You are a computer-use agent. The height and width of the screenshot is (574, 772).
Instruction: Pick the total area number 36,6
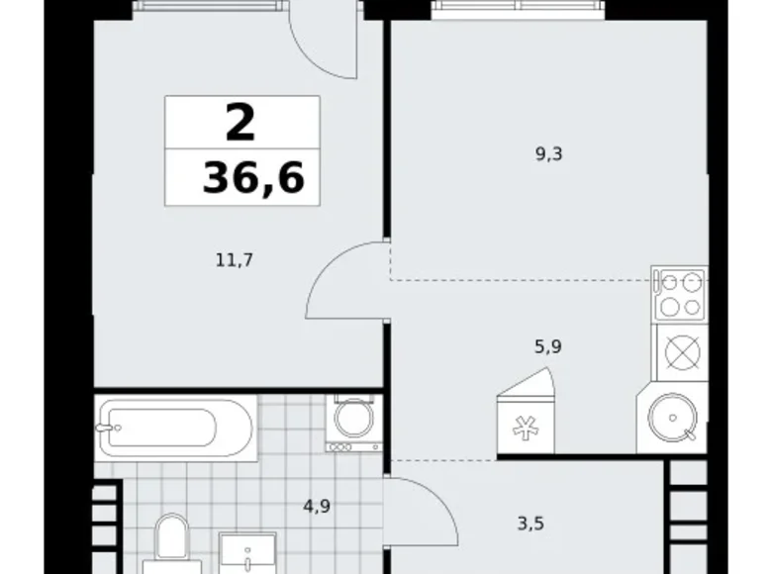(x=253, y=178)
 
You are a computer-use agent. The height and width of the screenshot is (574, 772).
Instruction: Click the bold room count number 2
(x=241, y=125)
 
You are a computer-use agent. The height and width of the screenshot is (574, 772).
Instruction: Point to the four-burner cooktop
(x=680, y=293)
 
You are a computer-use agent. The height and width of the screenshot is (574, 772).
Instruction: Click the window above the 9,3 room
(x=518, y=9)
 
